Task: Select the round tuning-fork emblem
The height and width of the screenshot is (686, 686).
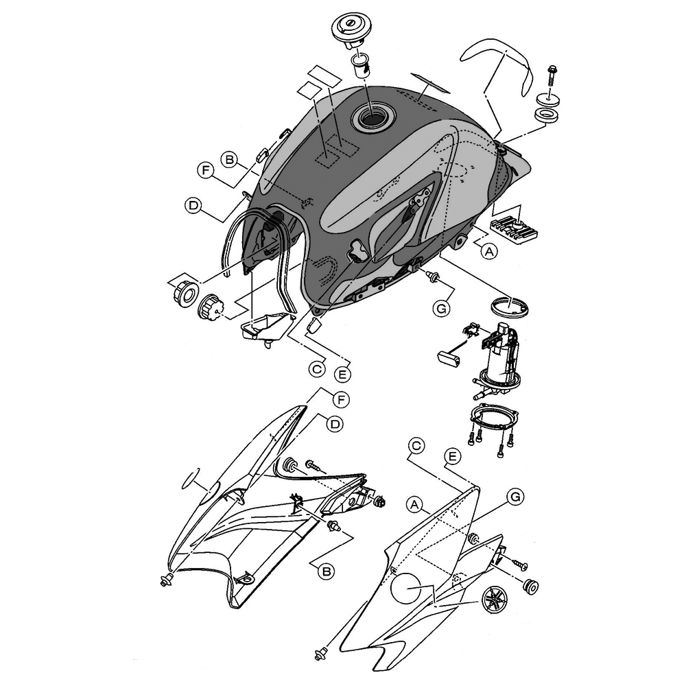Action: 496,598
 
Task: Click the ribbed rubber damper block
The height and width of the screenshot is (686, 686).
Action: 514,229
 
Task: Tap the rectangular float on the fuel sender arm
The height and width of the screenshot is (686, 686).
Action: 449,358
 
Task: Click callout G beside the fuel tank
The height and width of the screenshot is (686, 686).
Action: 441,309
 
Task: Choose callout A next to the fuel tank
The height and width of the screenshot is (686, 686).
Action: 489,251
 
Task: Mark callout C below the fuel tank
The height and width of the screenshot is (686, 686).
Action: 317,369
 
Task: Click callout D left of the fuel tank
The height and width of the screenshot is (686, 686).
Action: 193,205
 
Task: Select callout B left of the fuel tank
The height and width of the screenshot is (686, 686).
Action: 229,160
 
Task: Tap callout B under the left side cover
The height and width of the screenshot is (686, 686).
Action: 325,571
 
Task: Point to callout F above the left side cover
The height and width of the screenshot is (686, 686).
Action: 341,399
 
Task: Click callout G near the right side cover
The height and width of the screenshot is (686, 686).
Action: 515,497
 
